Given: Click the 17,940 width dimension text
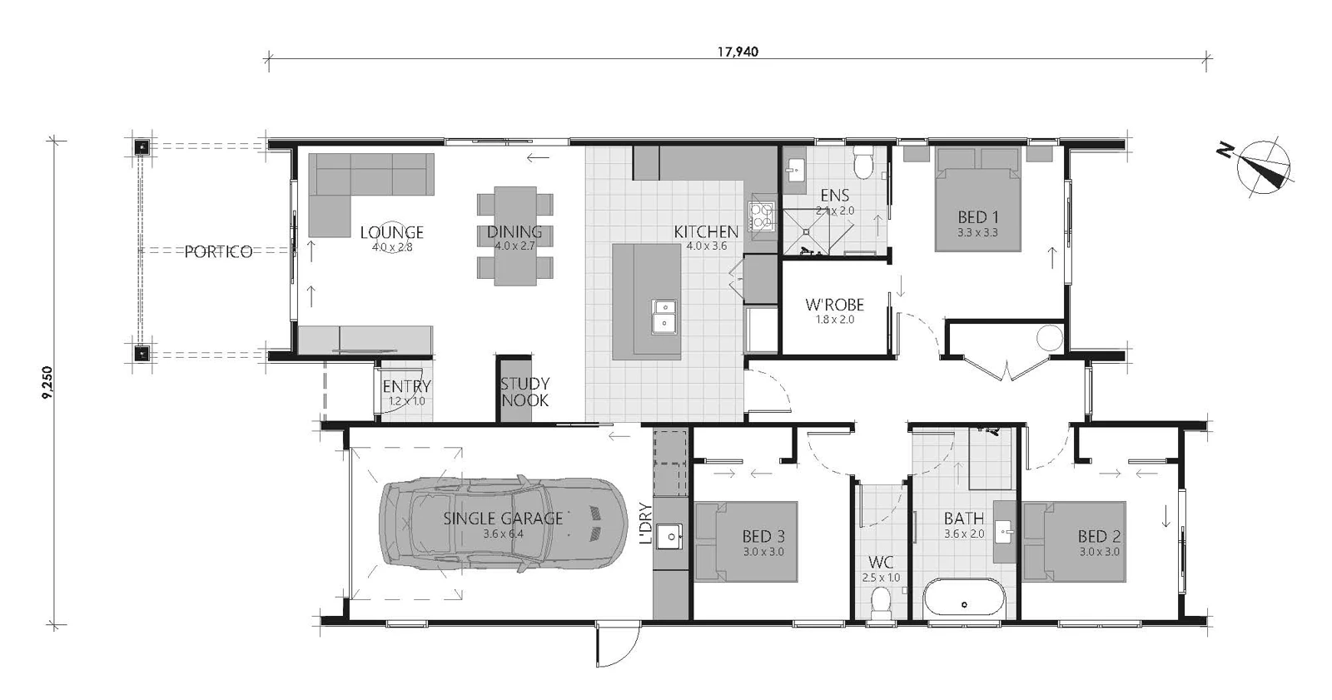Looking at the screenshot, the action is pyautogui.click(x=738, y=52).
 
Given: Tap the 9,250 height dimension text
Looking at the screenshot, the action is pyautogui.click(x=47, y=382).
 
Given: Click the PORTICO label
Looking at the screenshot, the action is pyautogui.click(x=218, y=252).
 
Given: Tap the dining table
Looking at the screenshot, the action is pyautogui.click(x=515, y=236).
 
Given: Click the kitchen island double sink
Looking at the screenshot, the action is pyautogui.click(x=664, y=315).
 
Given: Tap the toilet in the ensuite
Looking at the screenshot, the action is pyautogui.click(x=862, y=161).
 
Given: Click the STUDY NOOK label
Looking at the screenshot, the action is pyautogui.click(x=524, y=392).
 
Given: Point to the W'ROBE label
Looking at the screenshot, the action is pyautogui.click(x=834, y=305).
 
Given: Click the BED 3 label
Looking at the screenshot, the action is pyautogui.click(x=763, y=537).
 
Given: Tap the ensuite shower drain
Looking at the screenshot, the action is pyautogui.click(x=806, y=231).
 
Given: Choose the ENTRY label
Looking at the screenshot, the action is pyautogui.click(x=406, y=386).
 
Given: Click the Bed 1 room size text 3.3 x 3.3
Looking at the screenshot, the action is pyautogui.click(x=977, y=233).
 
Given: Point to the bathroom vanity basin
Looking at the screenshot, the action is pyautogui.click(x=1004, y=529).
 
